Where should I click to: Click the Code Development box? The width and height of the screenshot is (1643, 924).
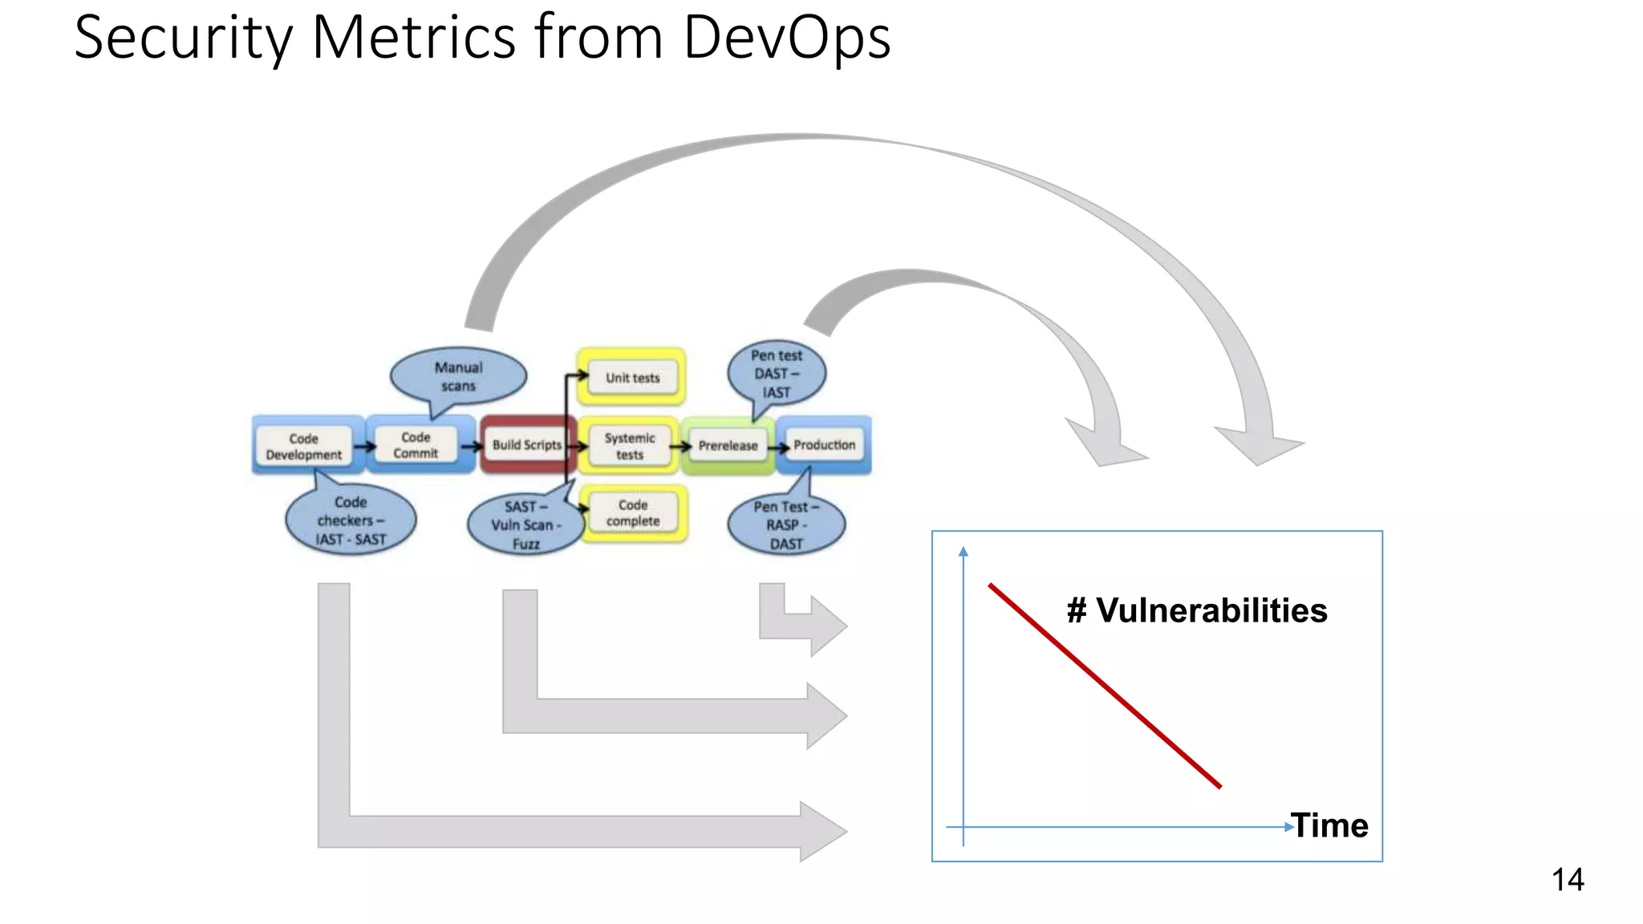(303, 446)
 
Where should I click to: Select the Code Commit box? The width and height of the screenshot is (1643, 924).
(416, 445)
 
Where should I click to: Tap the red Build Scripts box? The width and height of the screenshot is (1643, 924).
(526, 444)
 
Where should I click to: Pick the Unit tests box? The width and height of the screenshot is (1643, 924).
(632, 378)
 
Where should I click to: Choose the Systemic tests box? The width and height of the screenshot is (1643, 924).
(630, 446)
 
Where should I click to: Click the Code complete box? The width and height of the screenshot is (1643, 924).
(633, 513)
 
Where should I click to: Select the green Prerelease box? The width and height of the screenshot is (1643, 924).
(728, 445)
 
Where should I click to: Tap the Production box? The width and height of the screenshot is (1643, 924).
(824, 444)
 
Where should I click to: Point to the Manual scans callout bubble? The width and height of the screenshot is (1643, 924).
(459, 376)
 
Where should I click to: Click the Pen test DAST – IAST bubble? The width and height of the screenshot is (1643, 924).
(776, 374)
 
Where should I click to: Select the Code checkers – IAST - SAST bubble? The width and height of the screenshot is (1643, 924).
(351, 521)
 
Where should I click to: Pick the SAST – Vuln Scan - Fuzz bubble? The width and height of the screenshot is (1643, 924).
(525, 525)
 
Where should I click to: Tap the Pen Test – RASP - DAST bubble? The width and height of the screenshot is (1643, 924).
(785, 525)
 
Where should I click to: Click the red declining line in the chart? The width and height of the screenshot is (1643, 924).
(1105, 686)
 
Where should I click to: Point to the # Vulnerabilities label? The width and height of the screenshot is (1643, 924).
(1197, 610)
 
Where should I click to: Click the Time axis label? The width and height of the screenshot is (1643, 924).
(1330, 825)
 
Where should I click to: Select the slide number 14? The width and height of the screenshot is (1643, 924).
(1568, 880)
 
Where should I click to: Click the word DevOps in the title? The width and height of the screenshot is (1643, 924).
(786, 38)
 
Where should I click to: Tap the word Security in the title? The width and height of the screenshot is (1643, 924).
(184, 38)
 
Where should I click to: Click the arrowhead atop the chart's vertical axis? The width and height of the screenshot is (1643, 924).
(963, 551)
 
